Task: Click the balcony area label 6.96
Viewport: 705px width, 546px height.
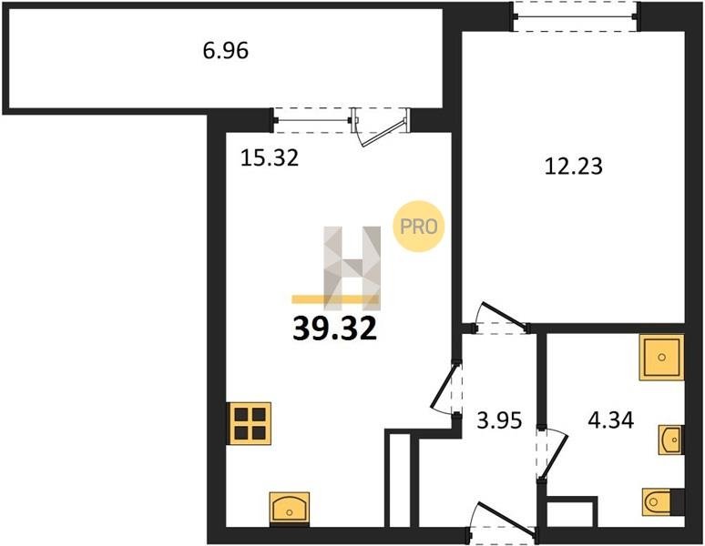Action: click(225, 50)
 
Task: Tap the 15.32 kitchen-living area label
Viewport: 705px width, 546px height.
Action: click(270, 158)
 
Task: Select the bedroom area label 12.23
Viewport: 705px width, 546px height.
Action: click(573, 166)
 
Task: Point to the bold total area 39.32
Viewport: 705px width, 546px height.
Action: click(334, 329)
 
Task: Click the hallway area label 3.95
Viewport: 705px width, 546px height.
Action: click(499, 420)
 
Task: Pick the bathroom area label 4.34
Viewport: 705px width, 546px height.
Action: click(611, 420)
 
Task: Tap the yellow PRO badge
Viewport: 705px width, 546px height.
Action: click(419, 226)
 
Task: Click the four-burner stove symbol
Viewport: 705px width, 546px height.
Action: click(249, 423)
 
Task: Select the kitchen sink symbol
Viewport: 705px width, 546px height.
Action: click(290, 510)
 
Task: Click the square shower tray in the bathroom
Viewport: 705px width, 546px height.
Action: click(661, 357)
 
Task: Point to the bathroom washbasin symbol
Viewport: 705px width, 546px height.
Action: click(671, 440)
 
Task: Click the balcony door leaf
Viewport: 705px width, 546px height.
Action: click(382, 134)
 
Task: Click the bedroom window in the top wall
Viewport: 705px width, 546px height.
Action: click(576, 17)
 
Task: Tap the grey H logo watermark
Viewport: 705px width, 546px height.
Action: click(352, 268)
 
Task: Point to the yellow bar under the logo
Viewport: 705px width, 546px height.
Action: click(335, 299)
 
